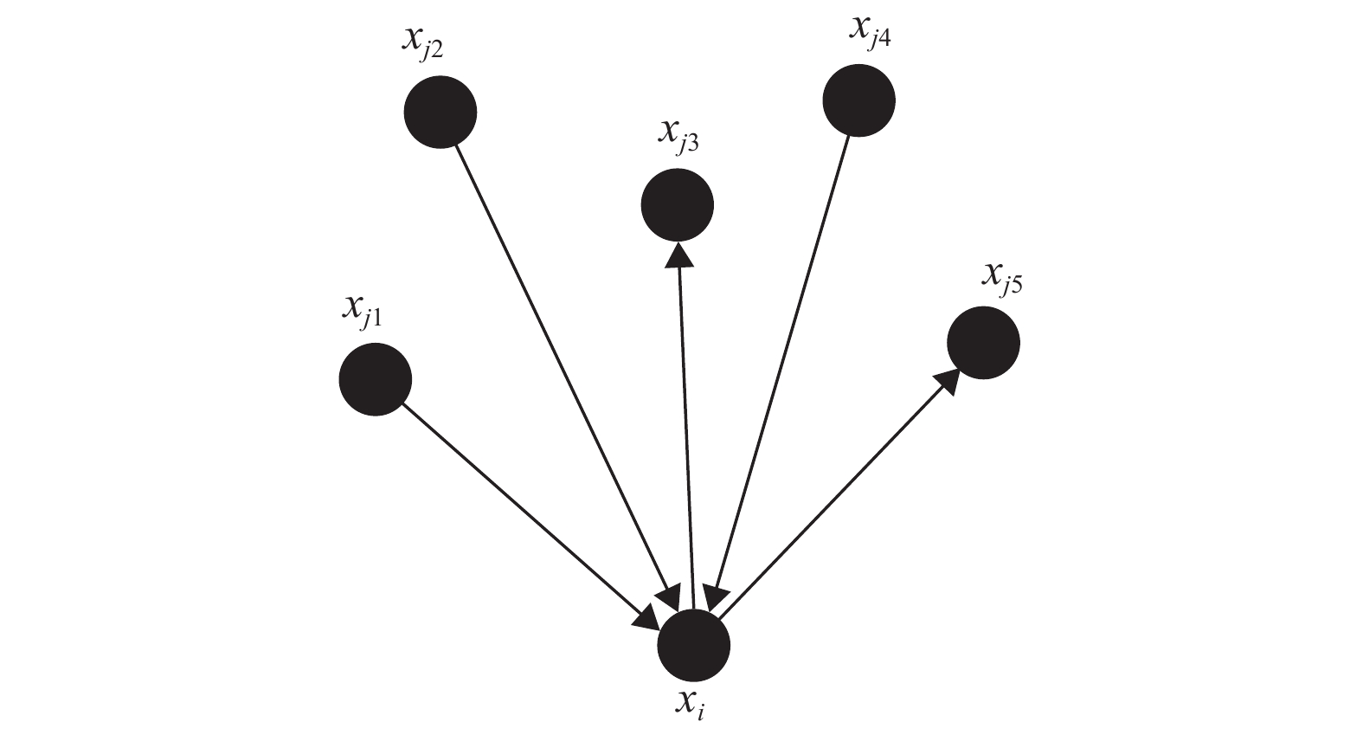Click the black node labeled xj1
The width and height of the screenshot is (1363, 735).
(x=375, y=379)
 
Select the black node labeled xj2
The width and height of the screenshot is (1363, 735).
(x=440, y=112)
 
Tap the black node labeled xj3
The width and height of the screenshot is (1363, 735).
(x=677, y=205)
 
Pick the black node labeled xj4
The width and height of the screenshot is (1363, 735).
(x=858, y=100)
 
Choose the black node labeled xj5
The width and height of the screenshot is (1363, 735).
(x=983, y=343)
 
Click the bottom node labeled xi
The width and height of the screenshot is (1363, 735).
(x=693, y=646)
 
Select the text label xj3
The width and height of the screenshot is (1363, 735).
(x=678, y=135)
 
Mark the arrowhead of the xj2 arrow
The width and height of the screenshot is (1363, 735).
(x=669, y=597)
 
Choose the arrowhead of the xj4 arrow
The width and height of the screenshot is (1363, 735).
(x=716, y=596)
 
